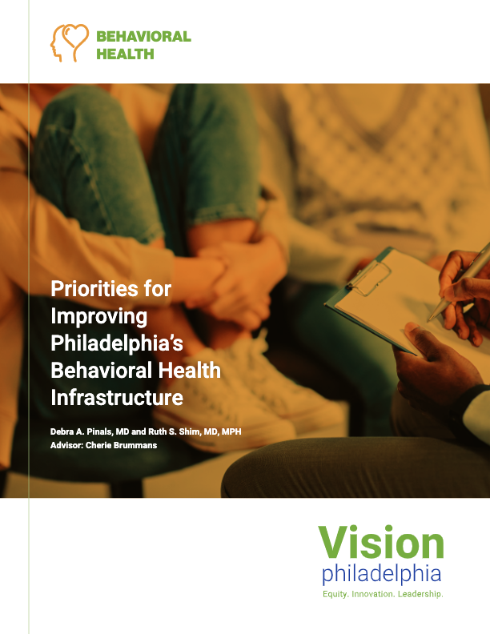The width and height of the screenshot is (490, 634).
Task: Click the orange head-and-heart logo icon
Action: pyautogui.click(x=69, y=42)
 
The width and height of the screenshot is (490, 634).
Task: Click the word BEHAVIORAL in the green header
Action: pyautogui.click(x=143, y=37)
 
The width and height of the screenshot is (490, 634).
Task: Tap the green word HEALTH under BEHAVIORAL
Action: pyautogui.click(x=125, y=54)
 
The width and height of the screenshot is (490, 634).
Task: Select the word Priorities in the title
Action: pyautogui.click(x=94, y=289)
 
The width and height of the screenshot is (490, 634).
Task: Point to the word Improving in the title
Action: pyautogui.click(x=99, y=317)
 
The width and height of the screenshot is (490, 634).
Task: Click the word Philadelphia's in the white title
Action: pyautogui.click(x=117, y=343)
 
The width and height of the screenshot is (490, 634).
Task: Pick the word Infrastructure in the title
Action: pyautogui.click(x=117, y=398)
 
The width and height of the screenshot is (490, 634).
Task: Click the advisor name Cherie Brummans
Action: pyautogui.click(x=121, y=445)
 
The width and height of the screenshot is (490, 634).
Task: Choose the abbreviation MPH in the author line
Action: pyautogui.click(x=231, y=431)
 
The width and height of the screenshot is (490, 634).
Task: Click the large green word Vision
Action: pyautogui.click(x=381, y=543)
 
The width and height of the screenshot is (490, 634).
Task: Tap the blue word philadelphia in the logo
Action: pyautogui.click(x=382, y=575)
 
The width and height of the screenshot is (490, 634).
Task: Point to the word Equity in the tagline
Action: pyautogui.click(x=335, y=594)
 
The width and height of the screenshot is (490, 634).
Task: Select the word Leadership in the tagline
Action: pyautogui.click(x=420, y=594)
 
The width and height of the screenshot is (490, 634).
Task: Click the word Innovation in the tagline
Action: pyautogui.click(x=373, y=594)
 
